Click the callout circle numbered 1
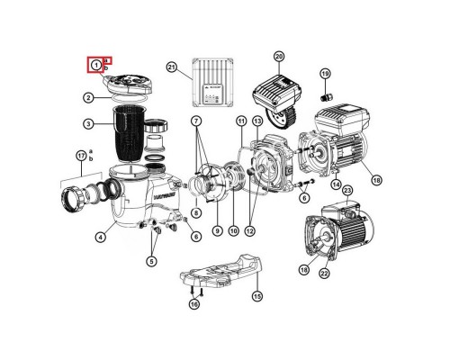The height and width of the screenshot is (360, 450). (94, 65)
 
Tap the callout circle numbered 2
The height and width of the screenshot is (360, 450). (89, 97)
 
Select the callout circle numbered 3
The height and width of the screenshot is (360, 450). (89, 123)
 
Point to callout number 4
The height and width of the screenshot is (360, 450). (101, 238)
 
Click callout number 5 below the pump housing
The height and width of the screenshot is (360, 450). (151, 262)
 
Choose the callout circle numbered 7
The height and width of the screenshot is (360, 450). (196, 120)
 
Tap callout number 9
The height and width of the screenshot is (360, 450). (216, 231)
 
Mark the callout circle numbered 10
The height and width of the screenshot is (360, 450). (233, 231)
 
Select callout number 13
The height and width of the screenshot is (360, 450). (257, 121)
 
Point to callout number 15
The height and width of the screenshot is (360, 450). (256, 296)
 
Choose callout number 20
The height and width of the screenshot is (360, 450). (279, 56)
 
